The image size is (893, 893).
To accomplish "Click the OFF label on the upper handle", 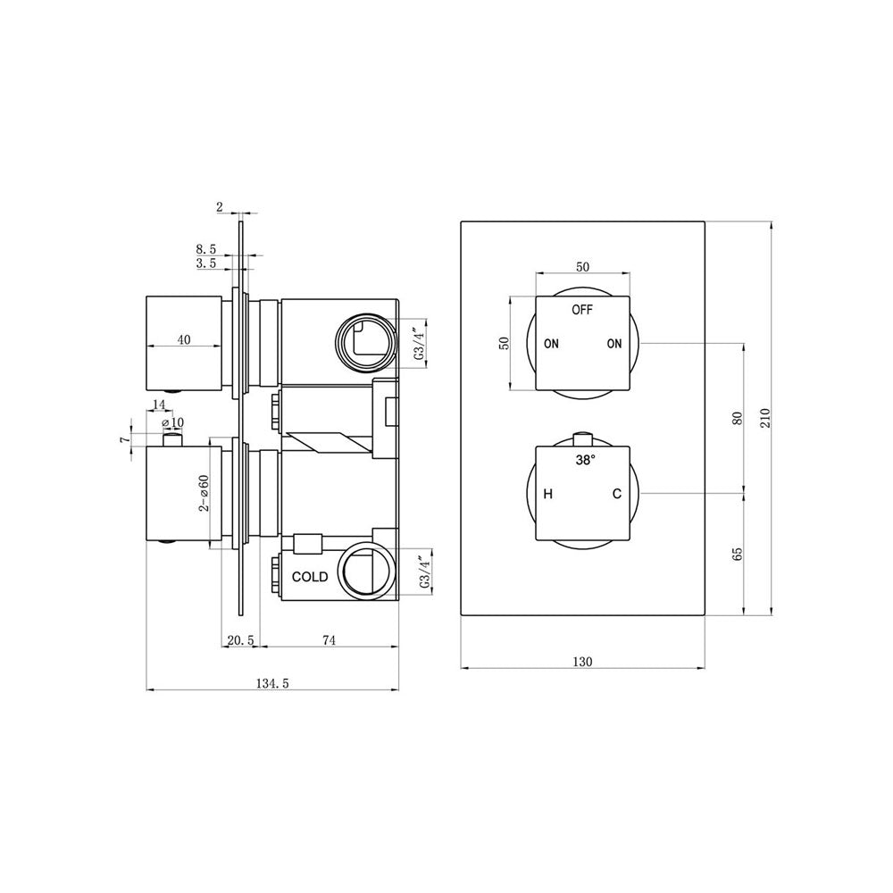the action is tap(582, 310).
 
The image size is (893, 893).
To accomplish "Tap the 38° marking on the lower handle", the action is tap(585, 460).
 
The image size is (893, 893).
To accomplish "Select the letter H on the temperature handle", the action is tap(548, 494).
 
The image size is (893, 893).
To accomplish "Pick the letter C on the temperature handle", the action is tap(617, 494).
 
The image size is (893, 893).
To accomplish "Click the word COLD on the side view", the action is tap(310, 577).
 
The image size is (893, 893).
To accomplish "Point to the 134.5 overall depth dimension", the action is tap(272, 683).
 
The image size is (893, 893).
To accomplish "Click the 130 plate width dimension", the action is tap(582, 662).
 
